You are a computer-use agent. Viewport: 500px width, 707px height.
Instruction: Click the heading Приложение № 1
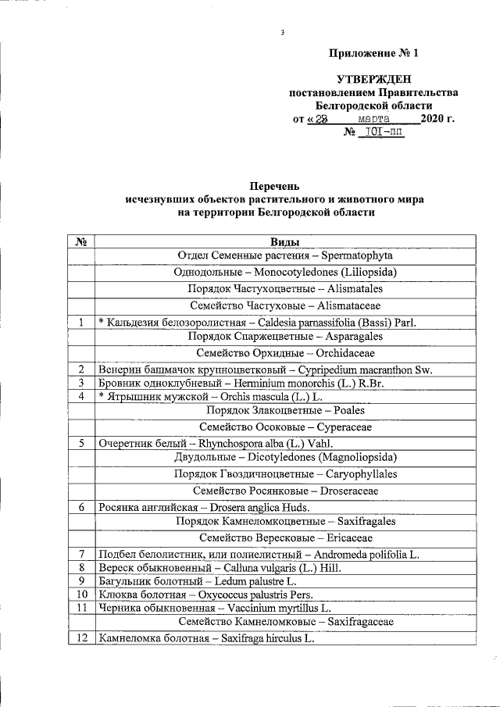373,54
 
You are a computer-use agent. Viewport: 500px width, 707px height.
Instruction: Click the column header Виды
284,243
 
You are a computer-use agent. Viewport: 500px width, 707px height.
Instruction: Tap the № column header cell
80,243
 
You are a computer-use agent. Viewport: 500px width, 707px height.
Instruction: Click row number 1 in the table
80,321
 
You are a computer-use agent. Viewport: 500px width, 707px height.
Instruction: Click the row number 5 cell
80,443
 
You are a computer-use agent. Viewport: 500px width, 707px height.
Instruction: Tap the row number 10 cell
80,594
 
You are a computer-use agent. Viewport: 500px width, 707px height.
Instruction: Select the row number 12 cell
80,639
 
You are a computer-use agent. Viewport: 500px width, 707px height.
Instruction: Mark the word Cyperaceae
344,427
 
